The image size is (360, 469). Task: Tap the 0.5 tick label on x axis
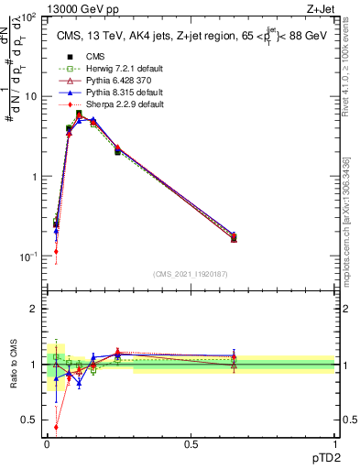[x=191, y=444]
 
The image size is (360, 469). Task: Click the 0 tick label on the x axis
[x=47, y=444]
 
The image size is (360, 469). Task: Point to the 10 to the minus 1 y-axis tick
[x=30, y=256]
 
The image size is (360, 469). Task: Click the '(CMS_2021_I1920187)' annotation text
[x=191, y=273]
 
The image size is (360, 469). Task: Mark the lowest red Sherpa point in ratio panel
[x=56, y=426]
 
